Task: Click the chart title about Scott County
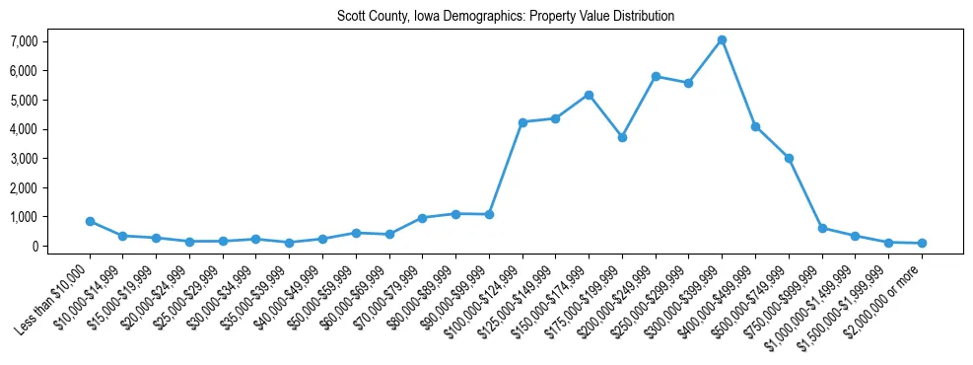pos(505,17)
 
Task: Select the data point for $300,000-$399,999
pos(722,40)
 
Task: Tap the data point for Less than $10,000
pos(90,221)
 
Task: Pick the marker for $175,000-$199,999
pos(622,137)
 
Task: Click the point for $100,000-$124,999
pos(522,122)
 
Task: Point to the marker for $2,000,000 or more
pos(922,243)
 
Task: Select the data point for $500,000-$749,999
pos(789,158)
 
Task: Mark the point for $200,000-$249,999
pos(656,76)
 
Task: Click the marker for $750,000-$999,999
pos(822,228)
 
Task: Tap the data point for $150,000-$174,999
pos(589,95)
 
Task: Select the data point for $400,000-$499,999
pos(755,126)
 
